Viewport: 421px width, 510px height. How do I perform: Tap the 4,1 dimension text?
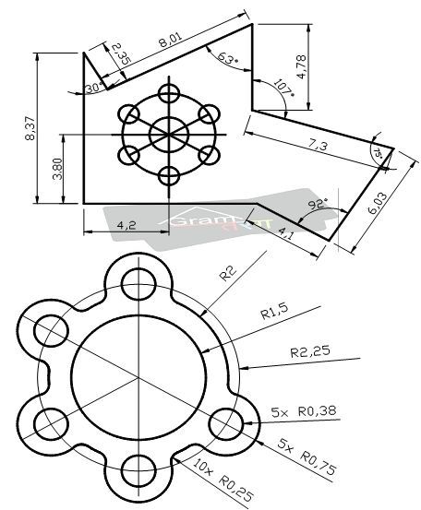(x=286, y=235)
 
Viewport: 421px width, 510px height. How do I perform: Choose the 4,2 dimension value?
(x=127, y=224)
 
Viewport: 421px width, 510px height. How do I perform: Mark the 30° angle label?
(x=91, y=88)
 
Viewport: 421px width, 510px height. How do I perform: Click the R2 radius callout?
(x=227, y=274)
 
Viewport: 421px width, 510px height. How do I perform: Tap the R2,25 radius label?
(x=309, y=351)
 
